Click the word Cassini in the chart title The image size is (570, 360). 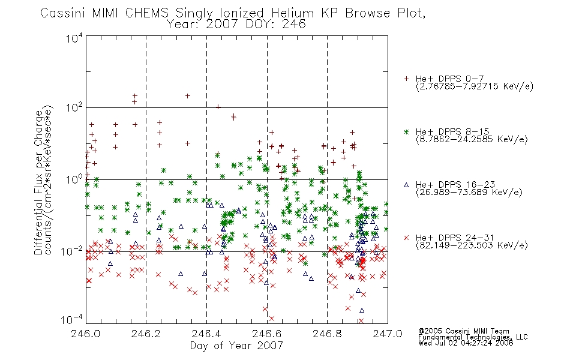click(62, 13)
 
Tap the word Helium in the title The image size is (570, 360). click(292, 13)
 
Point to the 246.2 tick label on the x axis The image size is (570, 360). click(146, 334)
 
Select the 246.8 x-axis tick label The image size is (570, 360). click(327, 334)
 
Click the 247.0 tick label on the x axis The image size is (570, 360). click(388, 334)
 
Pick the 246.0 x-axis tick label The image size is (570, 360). click(86, 334)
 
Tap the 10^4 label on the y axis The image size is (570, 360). click(74, 38)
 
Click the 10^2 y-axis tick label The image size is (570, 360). click(74, 108)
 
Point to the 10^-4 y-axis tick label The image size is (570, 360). click(72, 320)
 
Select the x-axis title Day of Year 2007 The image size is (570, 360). click(236, 346)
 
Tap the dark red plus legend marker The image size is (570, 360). click(406, 79)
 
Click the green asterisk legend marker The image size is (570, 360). click(406, 132)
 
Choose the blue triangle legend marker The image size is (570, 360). click(406, 185)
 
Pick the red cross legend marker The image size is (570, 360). click(406, 238)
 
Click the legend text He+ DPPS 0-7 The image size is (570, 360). click(449, 79)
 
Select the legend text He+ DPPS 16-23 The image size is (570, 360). click(455, 185)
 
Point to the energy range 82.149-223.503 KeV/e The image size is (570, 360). click(472, 245)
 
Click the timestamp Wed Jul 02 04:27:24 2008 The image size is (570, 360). click(466, 343)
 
